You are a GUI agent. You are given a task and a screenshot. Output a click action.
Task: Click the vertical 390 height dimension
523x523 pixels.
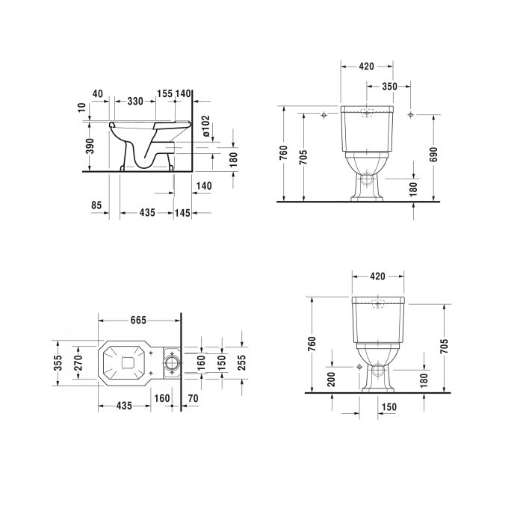pos(90,146)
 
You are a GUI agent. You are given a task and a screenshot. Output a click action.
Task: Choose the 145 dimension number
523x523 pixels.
pos(182,213)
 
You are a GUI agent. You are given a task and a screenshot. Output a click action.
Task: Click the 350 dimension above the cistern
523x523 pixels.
pos(389,87)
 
